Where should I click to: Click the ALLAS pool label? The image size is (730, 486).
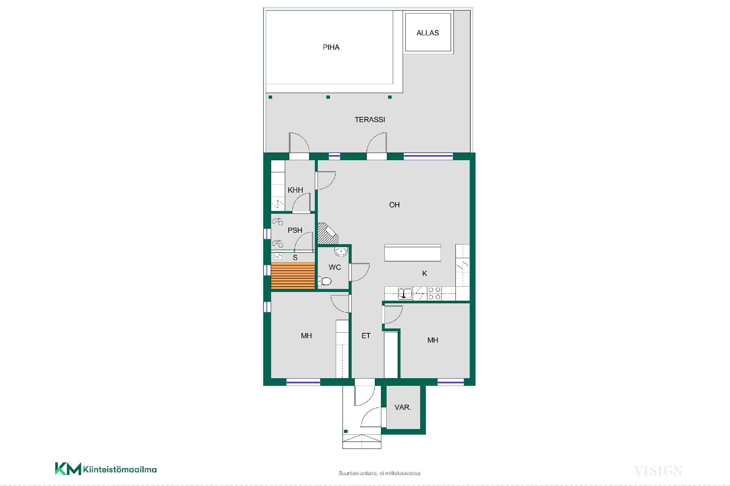[x=428, y=33]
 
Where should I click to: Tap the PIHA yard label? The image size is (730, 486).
[x=331, y=47]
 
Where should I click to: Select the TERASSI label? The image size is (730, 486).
[x=370, y=120]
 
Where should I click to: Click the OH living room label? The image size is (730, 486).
[x=394, y=205]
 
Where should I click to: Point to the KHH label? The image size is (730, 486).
[x=295, y=190]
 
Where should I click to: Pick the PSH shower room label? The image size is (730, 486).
[x=295, y=230]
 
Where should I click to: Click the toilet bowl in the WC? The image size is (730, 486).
[x=325, y=281]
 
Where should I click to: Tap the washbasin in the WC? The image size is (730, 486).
[x=341, y=251]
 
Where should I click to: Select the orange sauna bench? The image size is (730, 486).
[x=293, y=276]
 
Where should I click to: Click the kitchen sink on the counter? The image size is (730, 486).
[x=405, y=293]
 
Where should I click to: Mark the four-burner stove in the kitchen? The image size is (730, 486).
[x=434, y=293]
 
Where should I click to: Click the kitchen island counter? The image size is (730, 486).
[x=413, y=253]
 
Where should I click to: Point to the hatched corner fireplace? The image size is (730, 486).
[x=327, y=234]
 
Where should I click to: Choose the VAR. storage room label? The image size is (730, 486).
[x=403, y=407]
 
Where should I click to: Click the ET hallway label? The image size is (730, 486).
[x=366, y=336]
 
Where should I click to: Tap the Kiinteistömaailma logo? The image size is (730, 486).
[x=106, y=469]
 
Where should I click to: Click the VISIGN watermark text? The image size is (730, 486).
[x=659, y=471]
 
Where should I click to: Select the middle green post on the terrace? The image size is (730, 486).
[x=328, y=97]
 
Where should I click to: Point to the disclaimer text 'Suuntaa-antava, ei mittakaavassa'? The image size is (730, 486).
[x=379, y=473]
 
